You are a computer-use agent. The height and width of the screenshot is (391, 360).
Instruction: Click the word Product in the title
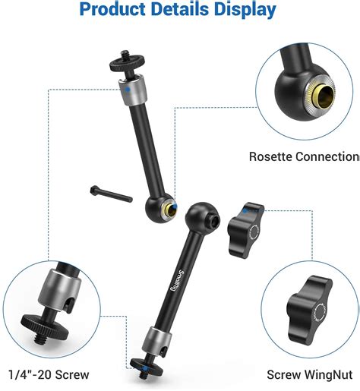coord(115,10)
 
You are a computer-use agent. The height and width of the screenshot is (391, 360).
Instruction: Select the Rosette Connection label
coord(304,157)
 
